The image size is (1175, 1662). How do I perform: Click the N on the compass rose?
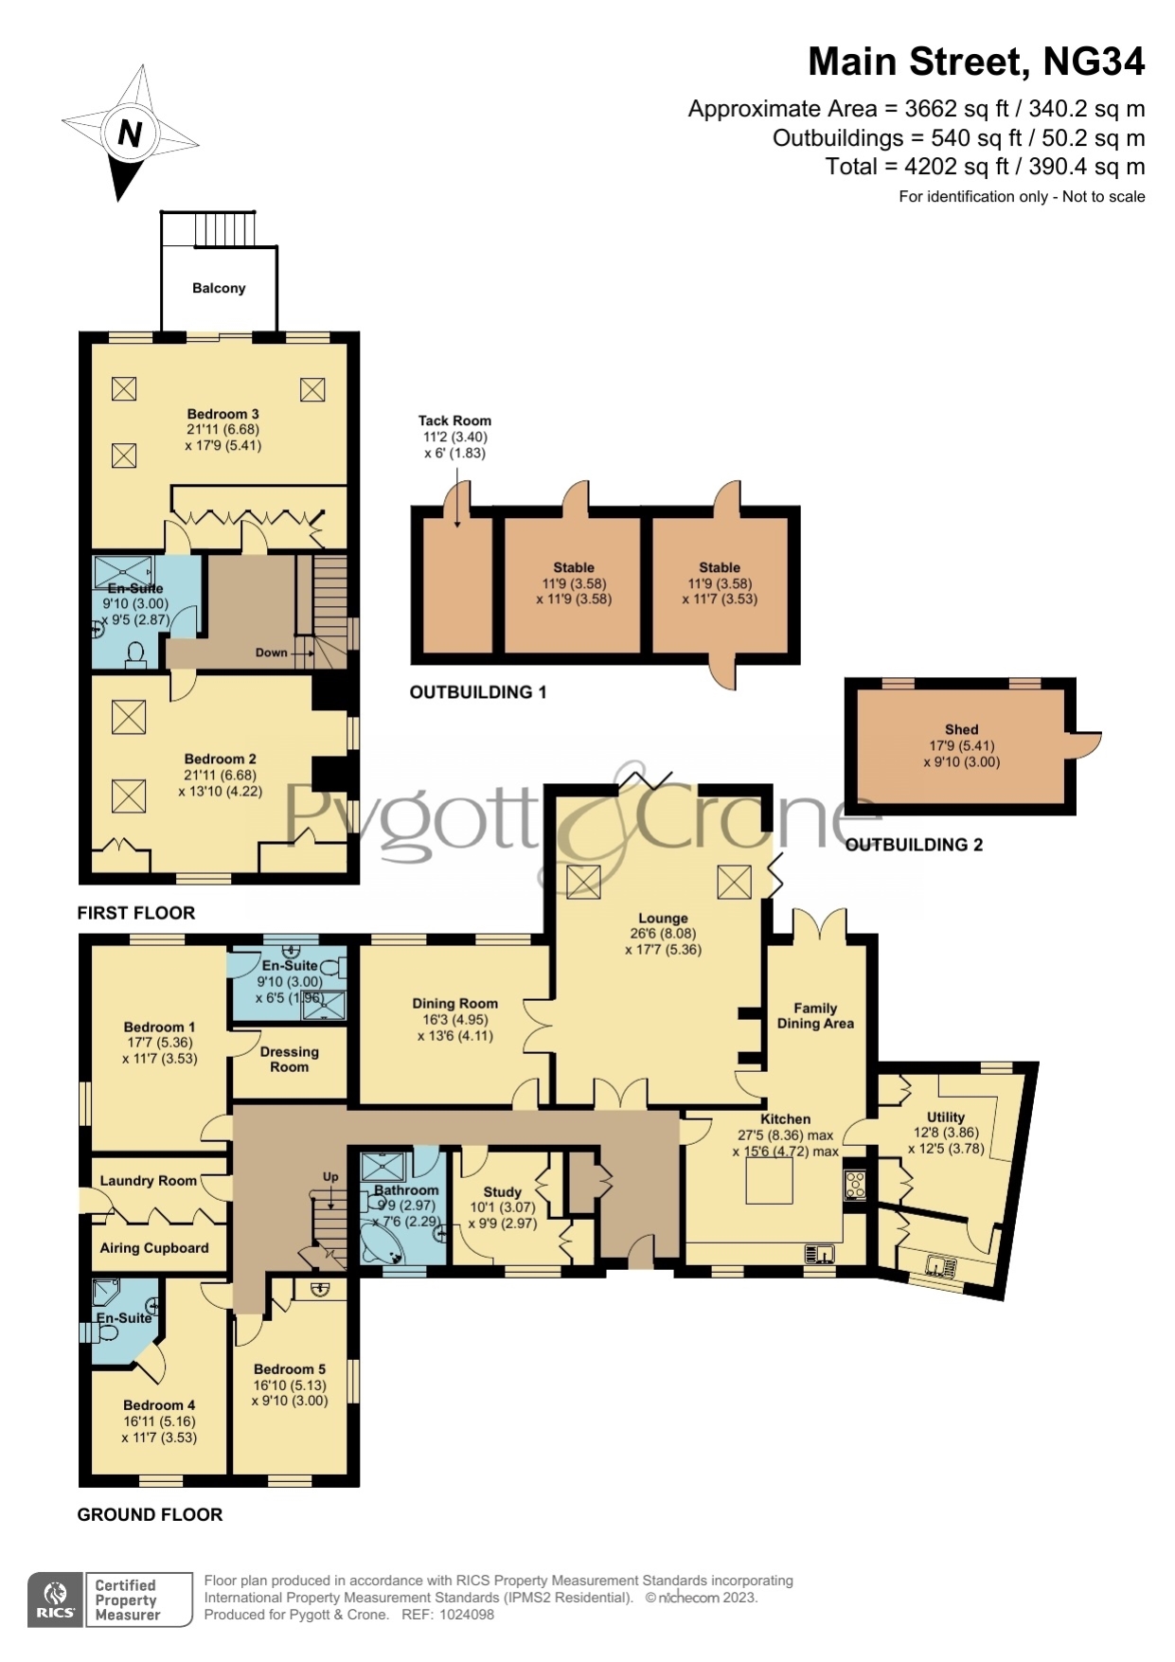click(130, 133)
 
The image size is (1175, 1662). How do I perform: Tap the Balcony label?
click(219, 288)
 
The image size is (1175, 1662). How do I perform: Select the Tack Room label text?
click(454, 420)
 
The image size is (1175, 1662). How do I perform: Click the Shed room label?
click(961, 729)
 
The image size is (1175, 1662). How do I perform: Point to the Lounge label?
click(663, 918)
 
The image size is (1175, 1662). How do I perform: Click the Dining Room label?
click(454, 1003)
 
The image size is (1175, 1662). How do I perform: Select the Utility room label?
click(946, 1117)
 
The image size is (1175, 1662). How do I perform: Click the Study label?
click(502, 1191)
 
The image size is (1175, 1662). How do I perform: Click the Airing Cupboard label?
click(154, 1248)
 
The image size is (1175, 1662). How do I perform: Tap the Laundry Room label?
click(149, 1181)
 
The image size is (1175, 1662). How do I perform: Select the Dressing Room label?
click(289, 1059)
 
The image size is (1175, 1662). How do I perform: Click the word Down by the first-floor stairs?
click(271, 652)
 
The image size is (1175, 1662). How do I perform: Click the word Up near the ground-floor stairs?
click(330, 1177)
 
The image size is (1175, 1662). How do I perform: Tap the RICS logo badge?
click(56, 1599)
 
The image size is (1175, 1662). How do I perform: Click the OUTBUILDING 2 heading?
click(914, 845)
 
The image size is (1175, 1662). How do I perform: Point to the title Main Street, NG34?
click(976, 62)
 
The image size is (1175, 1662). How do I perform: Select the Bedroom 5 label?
click(290, 1369)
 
